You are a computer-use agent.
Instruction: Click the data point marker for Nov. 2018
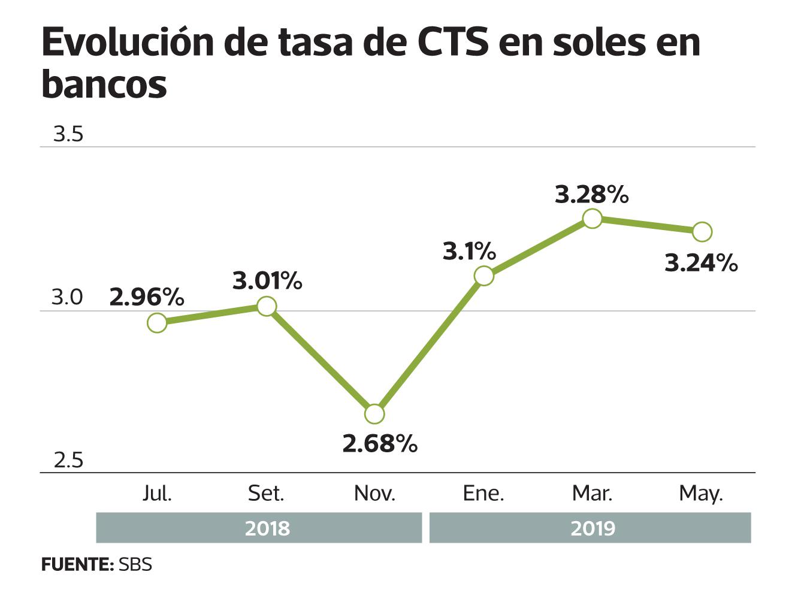(374, 414)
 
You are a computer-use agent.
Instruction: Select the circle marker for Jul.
(157, 323)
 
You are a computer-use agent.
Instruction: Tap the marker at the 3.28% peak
(592, 219)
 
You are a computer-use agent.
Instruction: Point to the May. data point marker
(702, 231)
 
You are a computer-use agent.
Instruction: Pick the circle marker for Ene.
(483, 276)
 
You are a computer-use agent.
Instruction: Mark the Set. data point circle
(267, 307)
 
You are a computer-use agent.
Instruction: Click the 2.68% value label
(380, 444)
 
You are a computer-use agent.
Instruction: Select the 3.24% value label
(701, 263)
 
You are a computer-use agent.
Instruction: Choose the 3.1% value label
(469, 251)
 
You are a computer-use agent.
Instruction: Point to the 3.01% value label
(267, 280)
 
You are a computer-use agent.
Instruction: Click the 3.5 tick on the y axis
(68, 134)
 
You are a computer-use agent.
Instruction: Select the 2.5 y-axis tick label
(68, 461)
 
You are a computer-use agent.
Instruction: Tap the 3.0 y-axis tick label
(67, 297)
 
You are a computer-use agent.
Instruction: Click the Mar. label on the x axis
(592, 493)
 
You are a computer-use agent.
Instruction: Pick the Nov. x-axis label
(374, 493)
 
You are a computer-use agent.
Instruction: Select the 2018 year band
(259, 528)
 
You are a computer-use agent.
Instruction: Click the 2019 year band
(590, 528)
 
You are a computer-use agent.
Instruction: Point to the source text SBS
(135, 564)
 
